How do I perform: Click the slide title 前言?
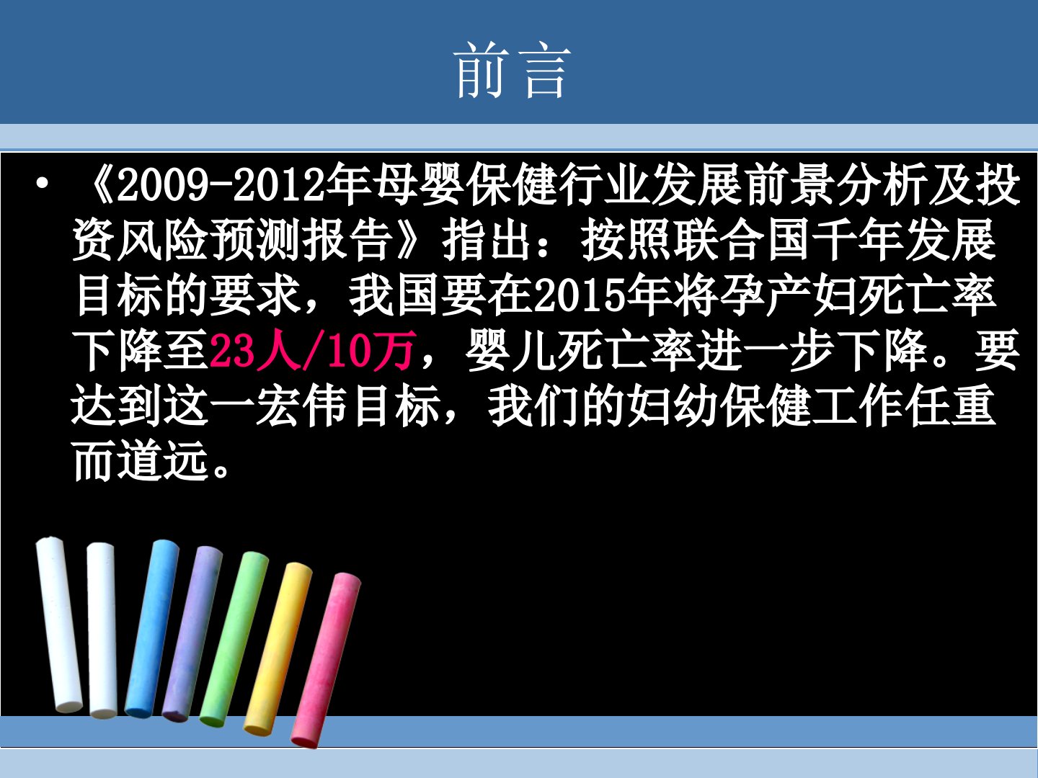[512, 70]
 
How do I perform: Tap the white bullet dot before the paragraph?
[42, 184]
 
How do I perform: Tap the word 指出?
[487, 240]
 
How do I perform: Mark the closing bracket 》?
[409, 240]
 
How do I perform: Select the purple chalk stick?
[192, 634]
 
